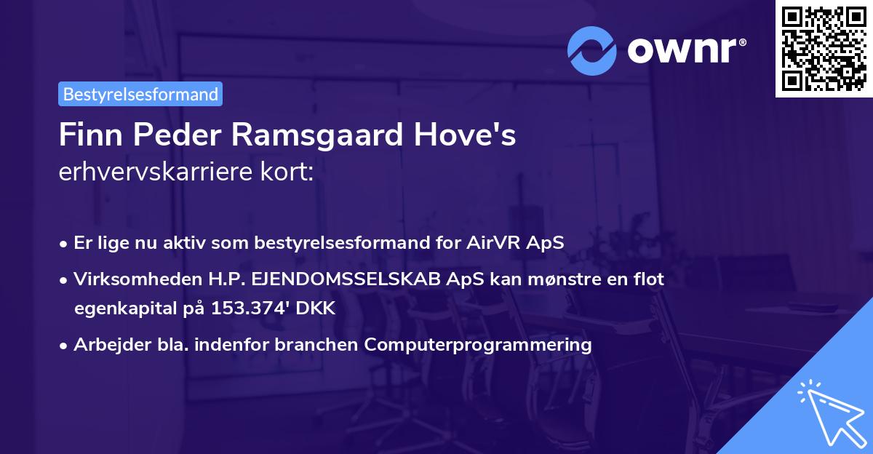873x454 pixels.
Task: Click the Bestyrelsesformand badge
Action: (140, 94)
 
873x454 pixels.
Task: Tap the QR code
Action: (824, 49)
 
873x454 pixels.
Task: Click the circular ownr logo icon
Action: (593, 50)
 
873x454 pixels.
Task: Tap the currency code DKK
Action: (315, 308)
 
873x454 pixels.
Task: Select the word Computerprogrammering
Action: (478, 344)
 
